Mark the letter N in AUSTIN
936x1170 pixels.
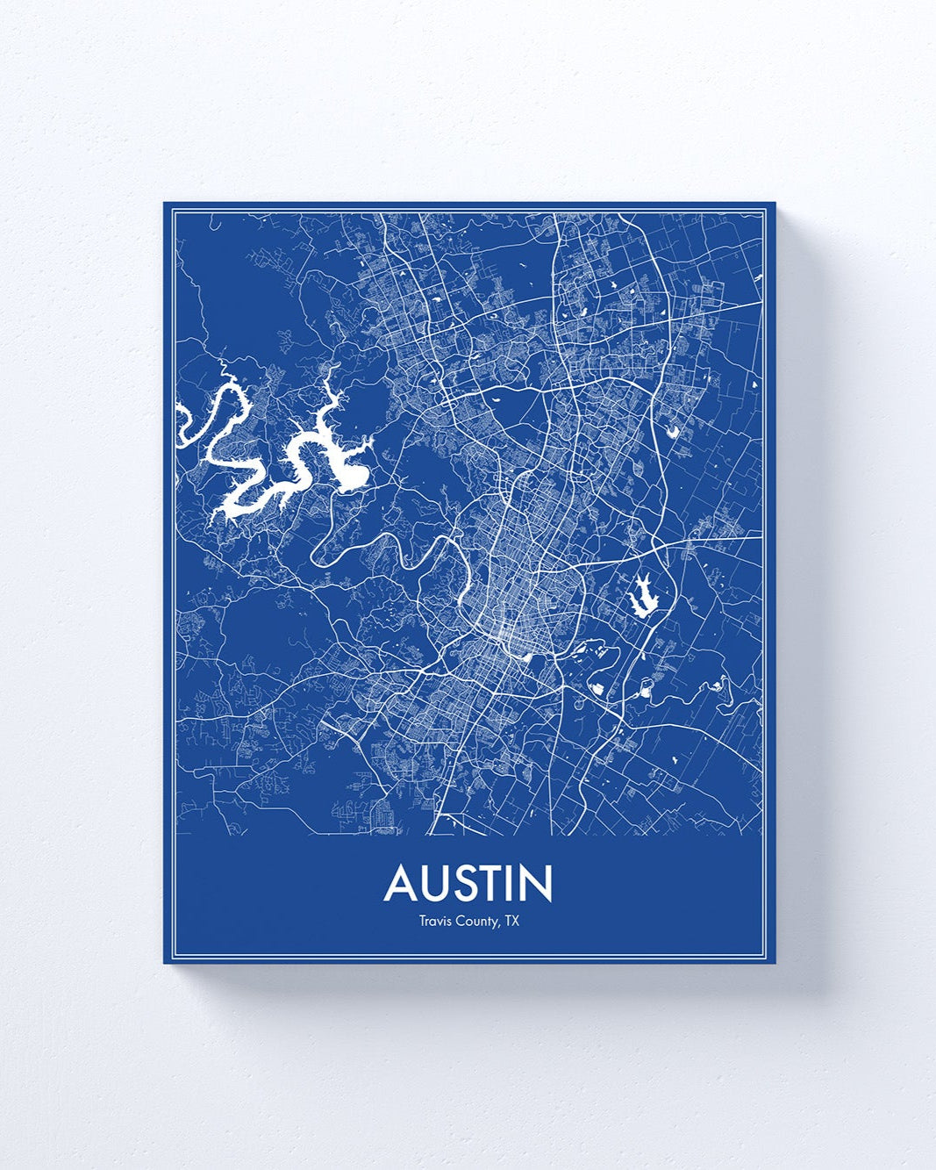tap(537, 884)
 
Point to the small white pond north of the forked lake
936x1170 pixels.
tap(674, 431)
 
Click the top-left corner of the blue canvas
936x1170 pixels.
tap(165, 204)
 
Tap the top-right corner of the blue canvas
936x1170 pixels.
tap(775, 204)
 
